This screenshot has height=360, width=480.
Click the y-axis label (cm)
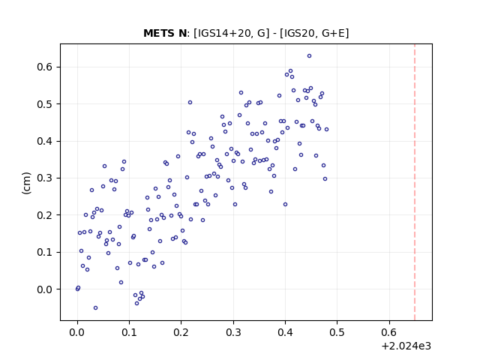click(26, 183)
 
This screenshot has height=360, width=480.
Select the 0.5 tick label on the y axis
click(44, 104)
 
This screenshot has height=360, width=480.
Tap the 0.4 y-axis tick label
click(44, 141)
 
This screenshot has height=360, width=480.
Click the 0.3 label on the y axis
click(44, 178)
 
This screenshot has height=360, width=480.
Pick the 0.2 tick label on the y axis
click(44, 215)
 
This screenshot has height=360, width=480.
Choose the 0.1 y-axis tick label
click(44, 252)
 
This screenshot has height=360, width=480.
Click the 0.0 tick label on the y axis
click(44, 289)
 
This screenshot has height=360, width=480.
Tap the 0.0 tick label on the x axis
click(77, 332)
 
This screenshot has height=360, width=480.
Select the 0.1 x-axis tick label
click(129, 332)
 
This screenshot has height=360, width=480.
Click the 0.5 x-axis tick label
click(337, 332)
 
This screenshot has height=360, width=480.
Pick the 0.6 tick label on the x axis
click(389, 332)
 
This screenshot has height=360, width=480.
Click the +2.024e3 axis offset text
click(406, 346)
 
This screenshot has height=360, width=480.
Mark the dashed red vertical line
click(415, 182)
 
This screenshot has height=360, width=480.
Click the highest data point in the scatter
click(309, 56)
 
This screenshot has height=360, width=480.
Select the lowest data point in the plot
click(95, 308)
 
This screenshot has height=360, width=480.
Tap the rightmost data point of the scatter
click(327, 130)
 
